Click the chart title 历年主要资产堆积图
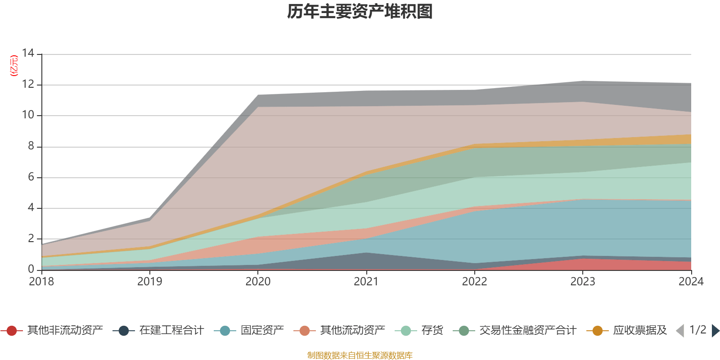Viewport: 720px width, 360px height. [x=360, y=12]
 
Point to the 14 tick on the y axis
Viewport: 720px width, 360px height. [x=28, y=53]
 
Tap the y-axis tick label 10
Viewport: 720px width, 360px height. [x=28, y=115]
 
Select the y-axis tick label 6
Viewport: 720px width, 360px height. [x=31, y=177]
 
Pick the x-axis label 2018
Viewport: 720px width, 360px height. [x=41, y=282]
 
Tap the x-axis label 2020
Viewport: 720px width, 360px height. [x=258, y=282]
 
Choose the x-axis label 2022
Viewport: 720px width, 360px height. [x=474, y=282]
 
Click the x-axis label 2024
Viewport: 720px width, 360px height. [x=691, y=282]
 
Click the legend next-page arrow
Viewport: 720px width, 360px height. [x=715, y=331]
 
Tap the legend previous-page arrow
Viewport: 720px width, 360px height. [x=680, y=331]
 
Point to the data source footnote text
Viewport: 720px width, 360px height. [x=360, y=355]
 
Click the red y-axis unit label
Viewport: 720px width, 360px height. [x=14, y=66]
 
